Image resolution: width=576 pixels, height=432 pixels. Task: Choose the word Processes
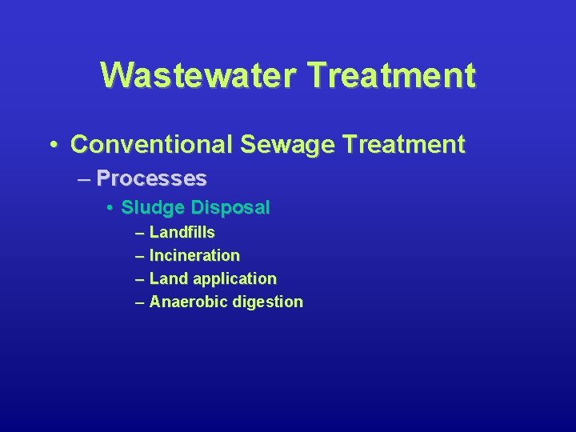(151, 178)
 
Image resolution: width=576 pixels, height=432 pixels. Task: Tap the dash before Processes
(85, 178)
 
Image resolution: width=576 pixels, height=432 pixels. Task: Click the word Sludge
(152, 208)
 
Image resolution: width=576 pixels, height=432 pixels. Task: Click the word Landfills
(182, 232)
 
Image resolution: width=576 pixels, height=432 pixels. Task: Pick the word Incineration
(194, 256)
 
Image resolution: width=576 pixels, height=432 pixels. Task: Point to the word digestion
(268, 302)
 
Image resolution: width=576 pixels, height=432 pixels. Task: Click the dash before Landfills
(141, 233)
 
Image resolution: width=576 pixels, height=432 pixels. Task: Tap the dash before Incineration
(141, 256)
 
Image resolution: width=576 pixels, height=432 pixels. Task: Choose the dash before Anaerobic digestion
(141, 302)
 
